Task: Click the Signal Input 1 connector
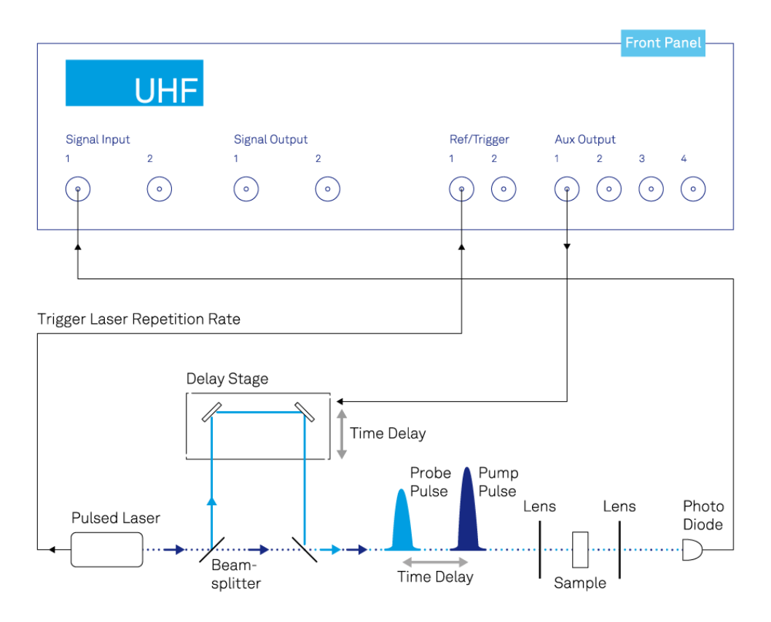[78, 190]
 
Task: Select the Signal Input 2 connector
[159, 190]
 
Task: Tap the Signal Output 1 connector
[246, 190]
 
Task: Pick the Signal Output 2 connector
[327, 190]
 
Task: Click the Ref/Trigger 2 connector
[504, 190]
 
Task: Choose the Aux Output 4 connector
[693, 190]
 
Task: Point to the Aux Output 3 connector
[651, 190]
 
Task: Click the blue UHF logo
[134, 83]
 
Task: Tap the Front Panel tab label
[663, 43]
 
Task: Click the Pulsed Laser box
[106, 549]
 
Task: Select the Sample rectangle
[580, 550]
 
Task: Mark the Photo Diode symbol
[691, 550]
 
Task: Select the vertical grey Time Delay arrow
[341, 434]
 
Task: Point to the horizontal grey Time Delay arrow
[436, 561]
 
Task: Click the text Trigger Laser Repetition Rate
[139, 319]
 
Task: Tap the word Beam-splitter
[236, 575]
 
